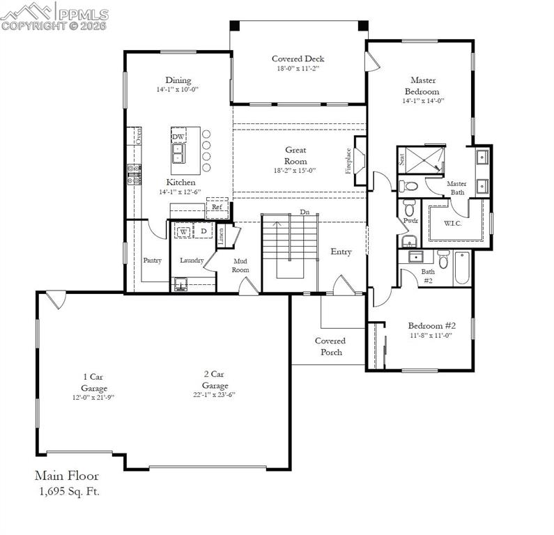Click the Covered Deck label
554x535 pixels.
click(x=298, y=59)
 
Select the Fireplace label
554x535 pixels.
click(x=349, y=161)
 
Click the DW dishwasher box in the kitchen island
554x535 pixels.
click(x=178, y=137)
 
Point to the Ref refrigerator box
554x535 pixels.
click(x=217, y=207)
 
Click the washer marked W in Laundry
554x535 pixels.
click(x=184, y=231)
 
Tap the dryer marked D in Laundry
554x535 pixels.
click(x=203, y=231)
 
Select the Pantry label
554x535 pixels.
click(x=153, y=261)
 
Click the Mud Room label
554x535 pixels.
click(x=240, y=265)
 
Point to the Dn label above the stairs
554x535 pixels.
click(x=305, y=212)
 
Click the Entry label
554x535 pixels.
click(x=341, y=251)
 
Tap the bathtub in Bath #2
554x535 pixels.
click(x=462, y=267)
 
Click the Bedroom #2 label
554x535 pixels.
click(x=431, y=325)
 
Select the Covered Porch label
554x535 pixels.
click(x=330, y=346)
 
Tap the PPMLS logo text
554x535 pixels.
click(x=82, y=14)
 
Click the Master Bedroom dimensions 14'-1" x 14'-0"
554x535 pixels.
click(x=423, y=100)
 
